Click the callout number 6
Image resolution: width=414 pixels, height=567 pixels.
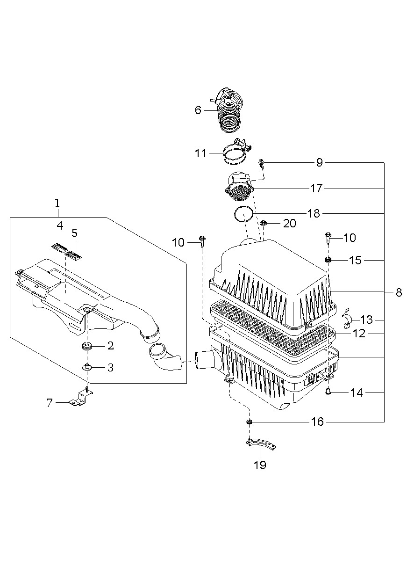point(198,110)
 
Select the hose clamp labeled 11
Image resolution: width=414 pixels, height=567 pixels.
point(235,154)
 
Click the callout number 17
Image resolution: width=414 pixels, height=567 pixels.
point(316,188)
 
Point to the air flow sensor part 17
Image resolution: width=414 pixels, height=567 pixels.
point(240,187)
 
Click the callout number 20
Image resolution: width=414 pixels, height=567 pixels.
point(290,224)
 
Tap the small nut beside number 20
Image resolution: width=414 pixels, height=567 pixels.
point(263,223)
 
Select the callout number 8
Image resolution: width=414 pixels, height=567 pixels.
point(399,293)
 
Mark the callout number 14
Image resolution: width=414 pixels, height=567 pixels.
point(356,393)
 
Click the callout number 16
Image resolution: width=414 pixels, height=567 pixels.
point(317,422)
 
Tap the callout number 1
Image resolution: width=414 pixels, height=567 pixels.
point(57,203)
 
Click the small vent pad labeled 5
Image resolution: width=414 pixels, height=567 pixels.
point(74,255)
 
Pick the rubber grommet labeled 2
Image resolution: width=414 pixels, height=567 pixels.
point(86,346)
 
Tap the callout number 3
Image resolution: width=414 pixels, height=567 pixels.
point(110,368)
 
